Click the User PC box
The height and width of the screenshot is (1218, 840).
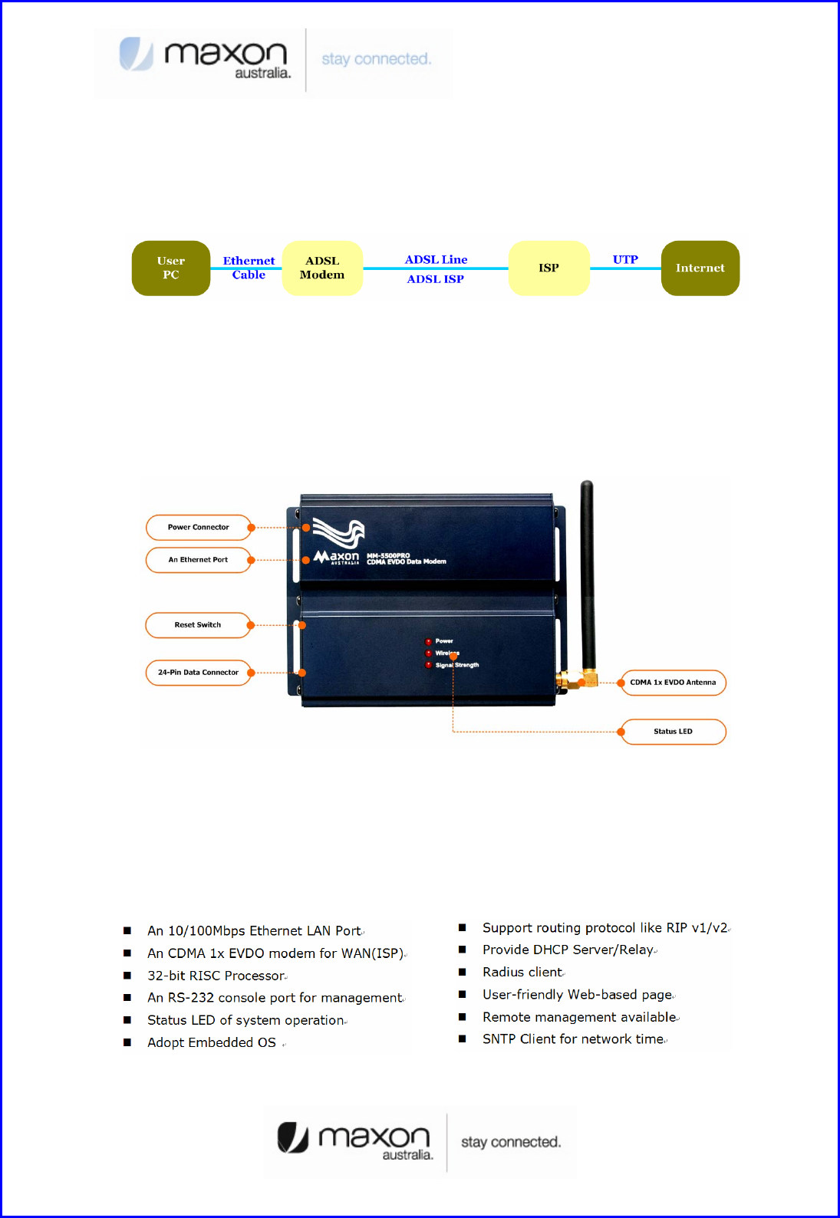tap(171, 268)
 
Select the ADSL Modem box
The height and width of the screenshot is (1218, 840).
tap(322, 268)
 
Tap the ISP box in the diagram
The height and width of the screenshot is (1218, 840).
tap(548, 268)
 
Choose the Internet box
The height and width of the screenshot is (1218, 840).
tap(700, 268)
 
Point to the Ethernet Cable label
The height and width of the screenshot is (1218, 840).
tap(249, 268)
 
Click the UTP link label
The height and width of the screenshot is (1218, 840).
tap(625, 260)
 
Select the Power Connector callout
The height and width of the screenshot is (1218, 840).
tap(199, 528)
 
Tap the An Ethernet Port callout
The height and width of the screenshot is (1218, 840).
tap(199, 560)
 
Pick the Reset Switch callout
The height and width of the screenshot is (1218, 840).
tap(198, 625)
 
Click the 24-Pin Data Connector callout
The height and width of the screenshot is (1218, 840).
tap(199, 673)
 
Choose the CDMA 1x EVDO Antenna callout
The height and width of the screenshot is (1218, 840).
tap(673, 683)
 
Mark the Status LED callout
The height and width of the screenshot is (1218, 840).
tap(673, 732)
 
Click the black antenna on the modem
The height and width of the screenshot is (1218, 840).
tap(588, 575)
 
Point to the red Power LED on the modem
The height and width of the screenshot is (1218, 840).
tap(429, 641)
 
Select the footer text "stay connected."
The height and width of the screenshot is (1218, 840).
tap(511, 1142)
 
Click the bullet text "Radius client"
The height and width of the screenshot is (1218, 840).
tap(522, 973)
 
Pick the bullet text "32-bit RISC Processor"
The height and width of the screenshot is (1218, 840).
tap(216, 976)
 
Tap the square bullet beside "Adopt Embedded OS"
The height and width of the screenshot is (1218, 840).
tap(127, 1042)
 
